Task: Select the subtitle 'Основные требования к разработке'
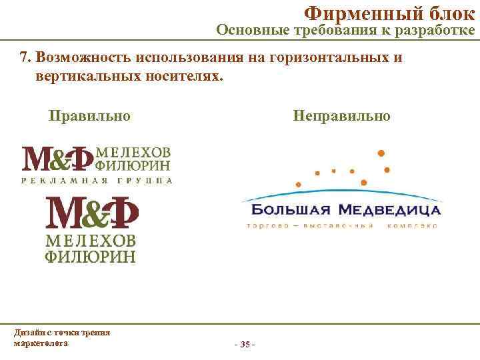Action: (345, 30)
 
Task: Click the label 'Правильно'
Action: (89, 115)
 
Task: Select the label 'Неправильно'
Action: (341, 115)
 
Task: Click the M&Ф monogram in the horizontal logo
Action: (58, 158)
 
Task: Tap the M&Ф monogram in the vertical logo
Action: (91, 213)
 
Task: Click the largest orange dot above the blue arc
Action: (381, 153)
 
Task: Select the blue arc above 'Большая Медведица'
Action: (340, 193)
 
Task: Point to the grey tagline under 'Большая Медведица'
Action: (341, 226)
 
